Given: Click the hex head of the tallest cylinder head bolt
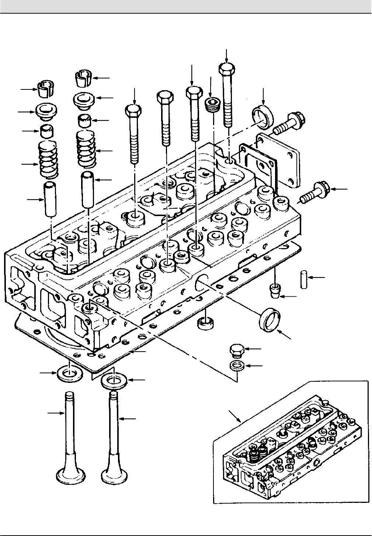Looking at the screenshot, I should pos(226,68).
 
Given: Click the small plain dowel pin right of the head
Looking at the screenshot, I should pos(303,280).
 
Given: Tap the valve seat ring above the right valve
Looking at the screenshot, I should pos(114,381).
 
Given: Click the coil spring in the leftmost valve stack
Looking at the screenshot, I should pos(49,158).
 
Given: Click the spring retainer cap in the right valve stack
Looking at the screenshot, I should pos(84,99).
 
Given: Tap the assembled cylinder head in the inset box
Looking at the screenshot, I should pos(291,453).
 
